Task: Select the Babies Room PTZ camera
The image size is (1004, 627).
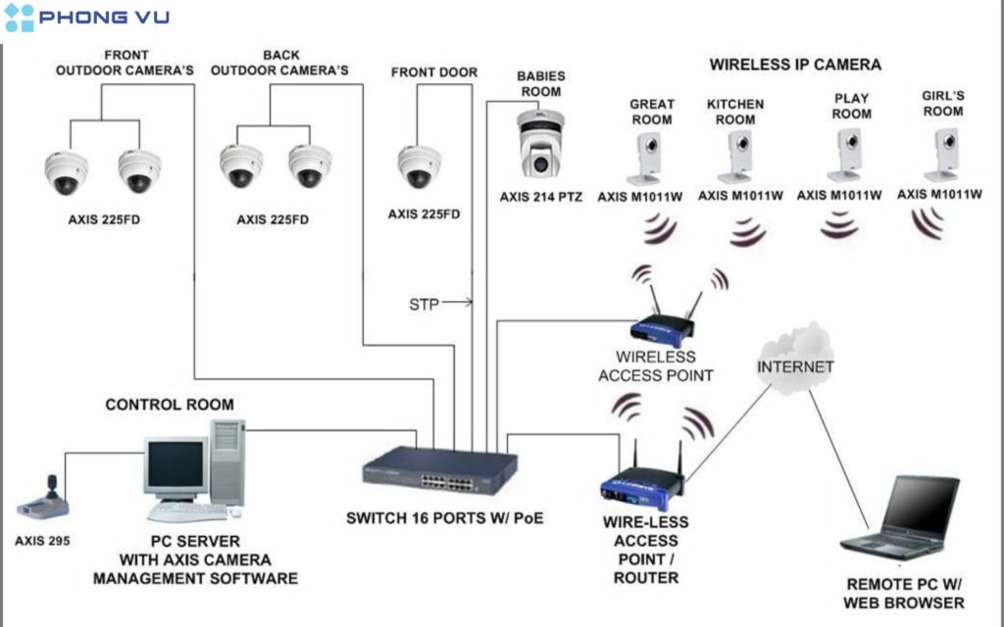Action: [540, 145]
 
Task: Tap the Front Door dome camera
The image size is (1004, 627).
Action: [419, 166]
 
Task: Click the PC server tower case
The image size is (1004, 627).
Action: [227, 461]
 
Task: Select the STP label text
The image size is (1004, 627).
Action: [424, 304]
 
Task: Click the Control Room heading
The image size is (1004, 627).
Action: [170, 404]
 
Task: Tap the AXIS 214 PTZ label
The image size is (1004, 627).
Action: [540, 196]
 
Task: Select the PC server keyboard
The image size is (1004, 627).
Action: [186, 511]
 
